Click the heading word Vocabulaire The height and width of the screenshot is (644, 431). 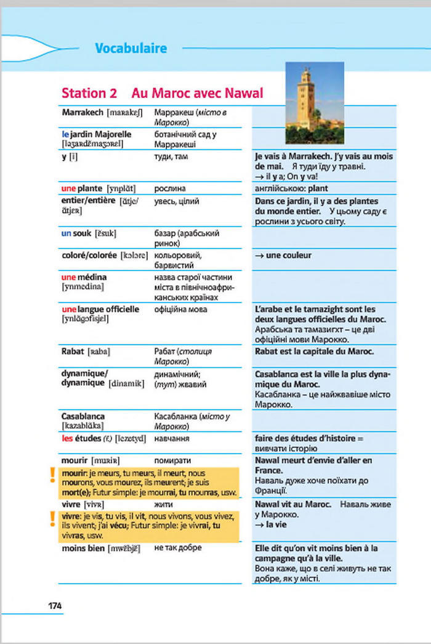click(131, 49)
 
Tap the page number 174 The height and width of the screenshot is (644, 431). click(55, 606)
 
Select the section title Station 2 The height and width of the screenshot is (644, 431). click(89, 94)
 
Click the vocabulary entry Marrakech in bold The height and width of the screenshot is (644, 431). click(83, 113)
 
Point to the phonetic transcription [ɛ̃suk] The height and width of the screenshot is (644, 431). click(105, 234)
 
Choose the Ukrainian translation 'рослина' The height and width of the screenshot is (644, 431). click(170, 188)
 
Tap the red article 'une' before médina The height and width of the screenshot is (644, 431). click(69, 277)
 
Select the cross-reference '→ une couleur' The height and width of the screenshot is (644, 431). click(283, 255)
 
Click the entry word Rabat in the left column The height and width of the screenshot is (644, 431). click(73, 351)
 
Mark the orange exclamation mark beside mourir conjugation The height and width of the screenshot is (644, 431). click(53, 475)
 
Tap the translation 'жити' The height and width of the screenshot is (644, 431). click(163, 504)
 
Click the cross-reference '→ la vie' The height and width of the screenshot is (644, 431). click(270, 525)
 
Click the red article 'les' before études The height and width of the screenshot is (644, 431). click(68, 439)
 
